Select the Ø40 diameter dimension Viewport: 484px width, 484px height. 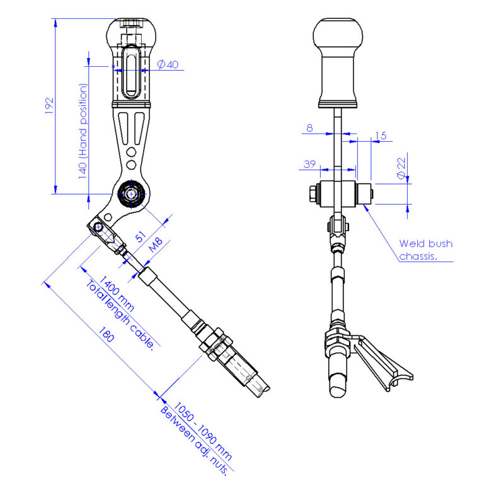tap(166, 64)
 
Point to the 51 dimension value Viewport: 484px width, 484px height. tap(141, 238)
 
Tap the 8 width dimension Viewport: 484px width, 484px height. tap(309, 128)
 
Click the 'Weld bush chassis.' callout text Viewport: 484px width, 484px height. tap(425, 250)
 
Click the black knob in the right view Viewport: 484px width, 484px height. tap(340, 60)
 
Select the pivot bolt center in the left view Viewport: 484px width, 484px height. tap(131, 194)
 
